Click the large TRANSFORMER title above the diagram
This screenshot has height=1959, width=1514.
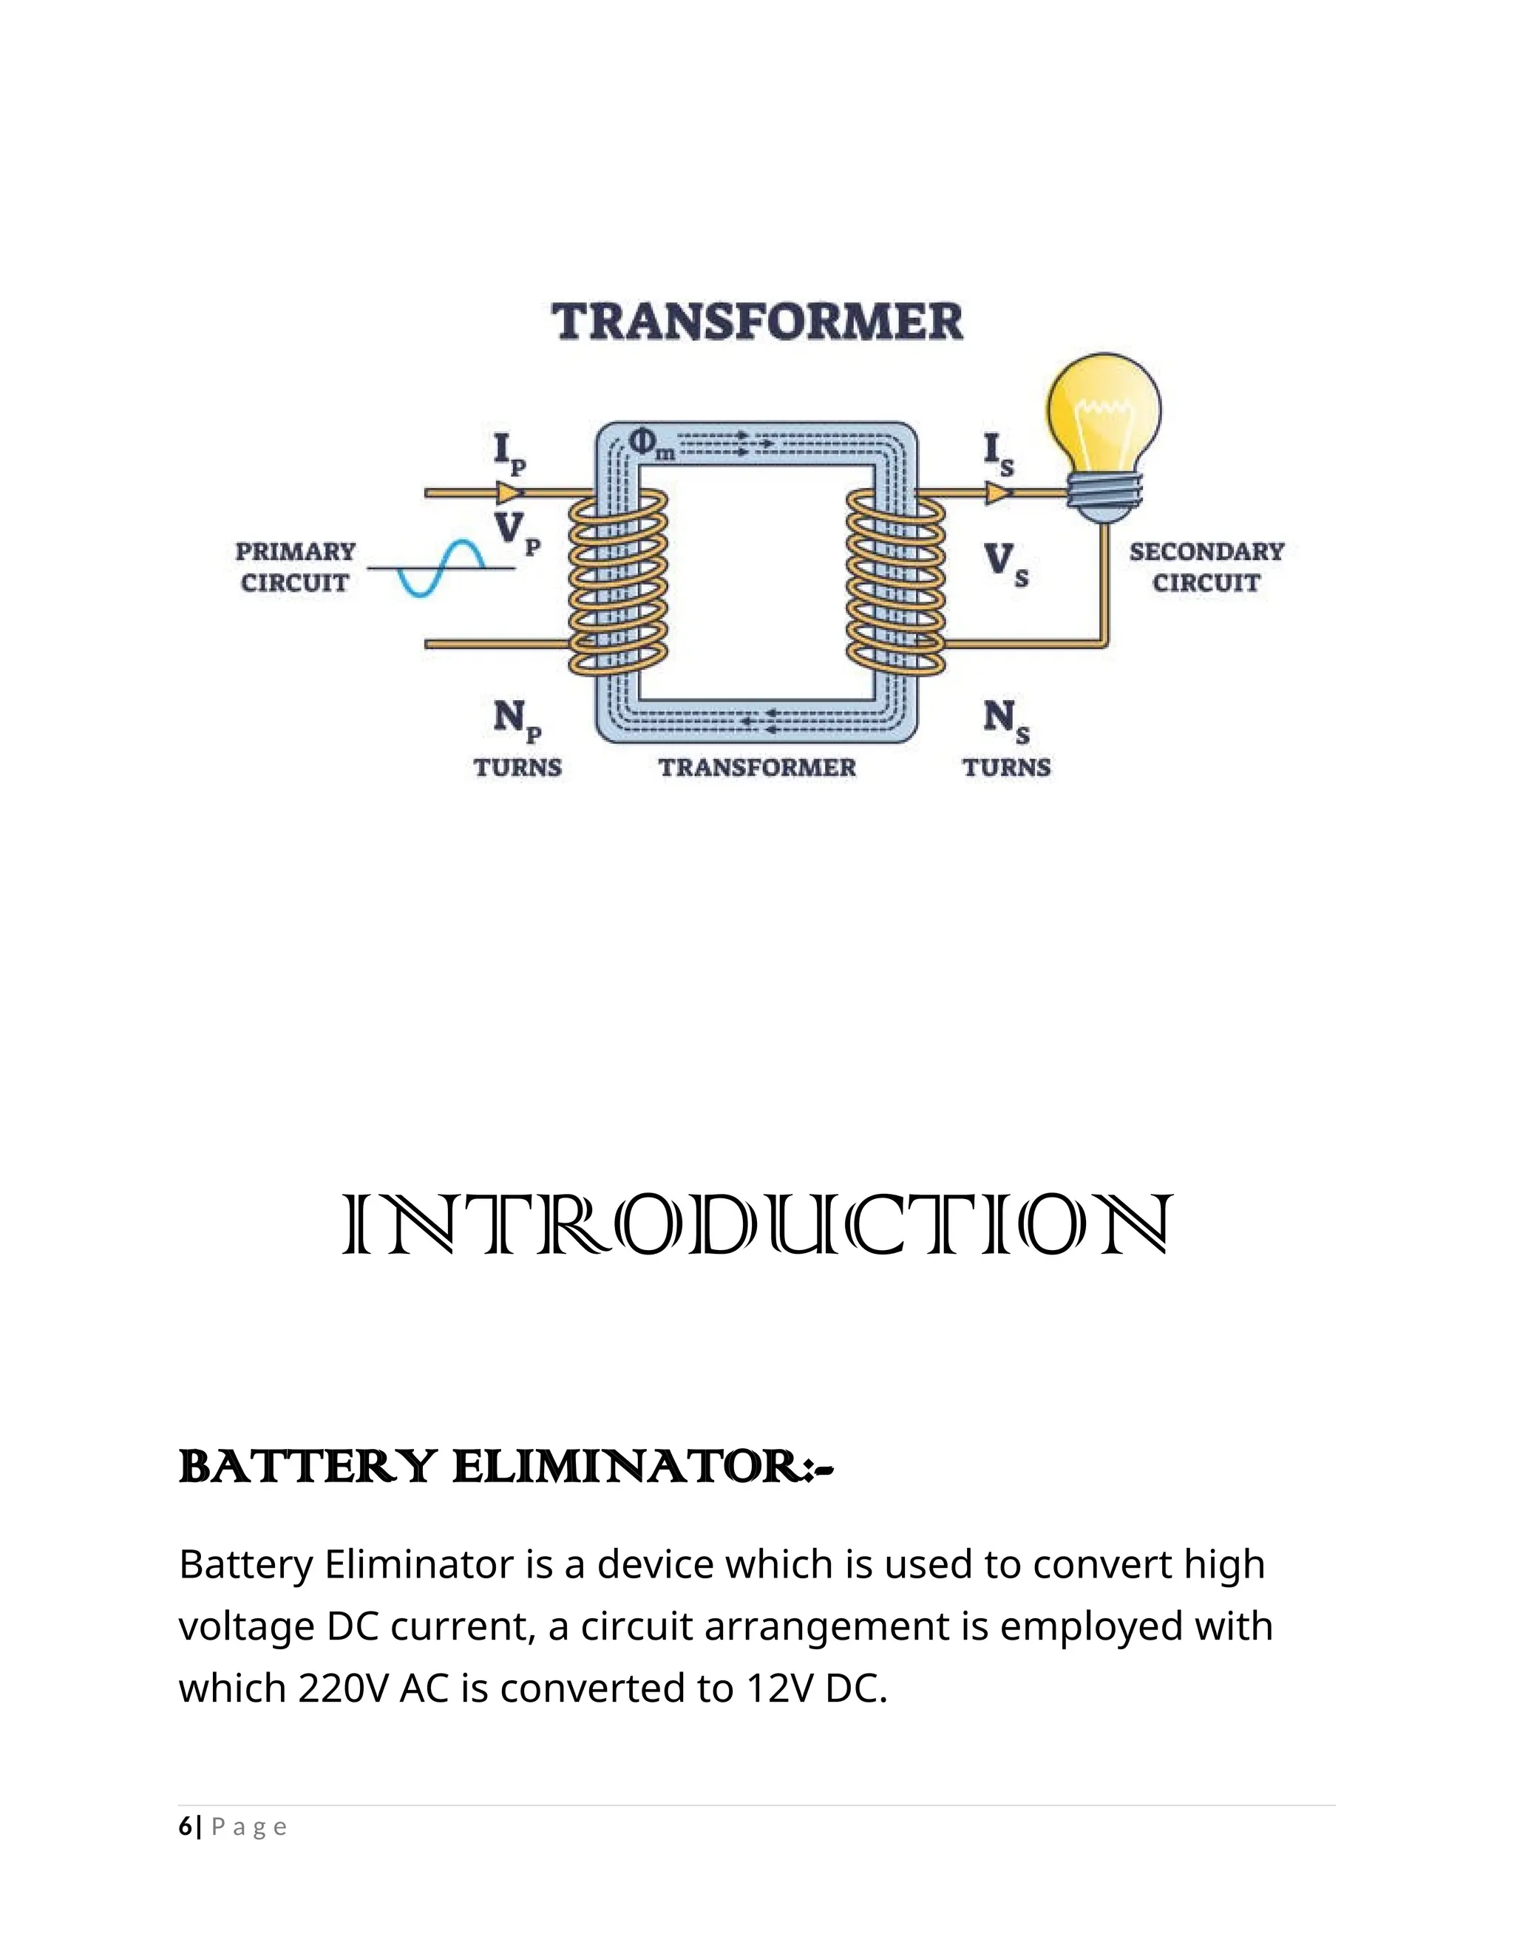coord(757,322)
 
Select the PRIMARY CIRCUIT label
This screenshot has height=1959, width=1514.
coord(295,567)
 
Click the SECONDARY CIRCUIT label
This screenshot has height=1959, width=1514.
coord(1206,567)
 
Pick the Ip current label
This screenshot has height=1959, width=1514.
coord(509,452)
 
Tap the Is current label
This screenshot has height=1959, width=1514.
coord(997,454)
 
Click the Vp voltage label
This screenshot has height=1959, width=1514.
coord(517,531)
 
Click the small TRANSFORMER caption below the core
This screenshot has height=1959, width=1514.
coord(757,768)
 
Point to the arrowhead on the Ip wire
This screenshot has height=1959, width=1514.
coord(509,492)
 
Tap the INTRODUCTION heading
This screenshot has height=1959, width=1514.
coord(757,1225)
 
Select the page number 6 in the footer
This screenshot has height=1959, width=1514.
coord(185,1827)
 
